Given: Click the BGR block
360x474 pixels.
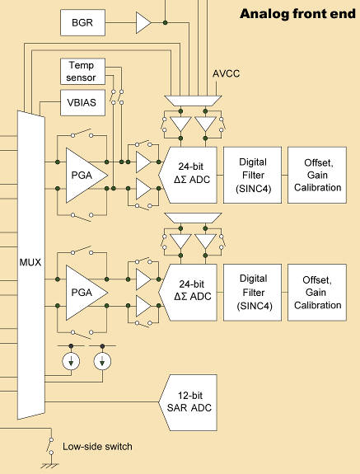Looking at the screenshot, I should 82,23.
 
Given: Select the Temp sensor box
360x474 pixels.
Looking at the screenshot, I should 82,71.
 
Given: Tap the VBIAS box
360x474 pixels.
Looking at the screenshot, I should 82,102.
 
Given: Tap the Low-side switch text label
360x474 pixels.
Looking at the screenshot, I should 96,447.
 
